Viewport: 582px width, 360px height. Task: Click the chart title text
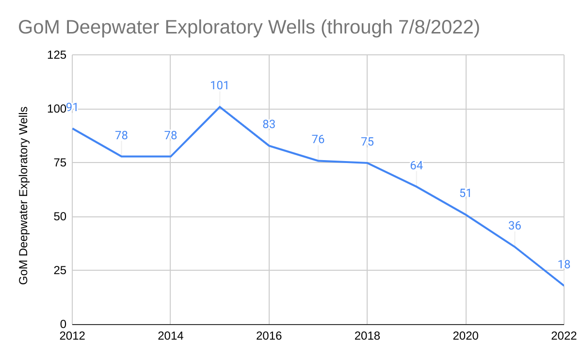pos(249,27)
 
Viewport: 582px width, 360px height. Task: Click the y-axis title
pos(23,196)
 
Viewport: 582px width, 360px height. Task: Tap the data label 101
pos(219,86)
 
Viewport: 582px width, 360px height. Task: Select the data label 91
pos(72,107)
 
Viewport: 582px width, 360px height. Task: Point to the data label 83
pos(269,124)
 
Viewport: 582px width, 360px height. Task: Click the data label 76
pos(318,140)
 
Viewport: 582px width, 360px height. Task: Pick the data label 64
pos(416,165)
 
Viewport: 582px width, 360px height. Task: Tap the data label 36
pos(515,226)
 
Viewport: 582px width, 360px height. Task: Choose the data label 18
pos(563,264)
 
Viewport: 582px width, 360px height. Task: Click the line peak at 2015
pos(220,107)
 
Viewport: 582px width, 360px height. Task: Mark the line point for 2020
pos(466,214)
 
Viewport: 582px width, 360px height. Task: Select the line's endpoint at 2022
pos(564,285)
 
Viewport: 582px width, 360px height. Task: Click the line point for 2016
pos(269,146)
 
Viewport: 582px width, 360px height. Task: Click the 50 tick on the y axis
pos(59,216)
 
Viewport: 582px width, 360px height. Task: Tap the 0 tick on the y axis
pos(63,324)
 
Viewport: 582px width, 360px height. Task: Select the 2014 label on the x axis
pos(171,336)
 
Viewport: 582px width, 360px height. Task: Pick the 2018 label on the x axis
pos(367,336)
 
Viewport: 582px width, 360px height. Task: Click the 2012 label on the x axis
pos(72,336)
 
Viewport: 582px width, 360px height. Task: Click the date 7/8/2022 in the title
pos(426,27)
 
